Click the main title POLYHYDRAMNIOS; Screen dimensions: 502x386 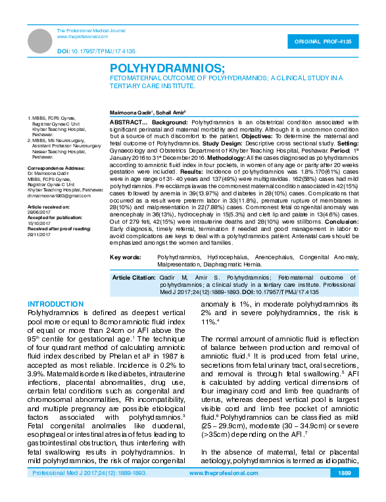click(166, 68)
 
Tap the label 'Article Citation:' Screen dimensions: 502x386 click(133, 278)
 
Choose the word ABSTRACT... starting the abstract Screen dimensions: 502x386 click(128, 122)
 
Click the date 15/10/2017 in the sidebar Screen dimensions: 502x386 click(39, 222)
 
